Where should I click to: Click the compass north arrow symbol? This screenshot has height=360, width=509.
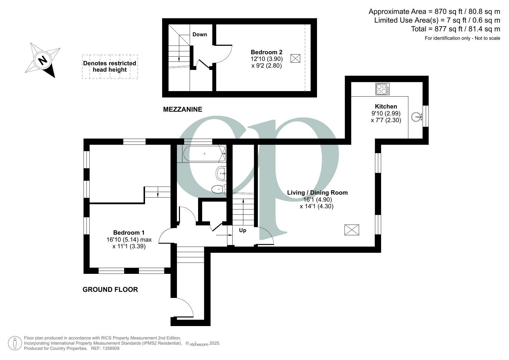coord(43,60)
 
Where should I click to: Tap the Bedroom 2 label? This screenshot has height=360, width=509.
coord(267,52)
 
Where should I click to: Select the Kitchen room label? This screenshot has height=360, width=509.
coord(386,106)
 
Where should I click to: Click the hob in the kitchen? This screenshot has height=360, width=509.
coord(383,89)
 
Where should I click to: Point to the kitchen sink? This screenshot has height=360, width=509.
coord(416,117)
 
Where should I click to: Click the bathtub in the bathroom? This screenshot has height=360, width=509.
coord(204,153)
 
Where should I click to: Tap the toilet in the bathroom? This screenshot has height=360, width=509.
coord(219,189)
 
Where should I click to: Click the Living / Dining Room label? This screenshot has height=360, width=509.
coord(317,192)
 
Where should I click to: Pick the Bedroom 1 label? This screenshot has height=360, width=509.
coord(129,232)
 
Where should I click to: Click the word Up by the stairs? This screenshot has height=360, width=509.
coord(242,230)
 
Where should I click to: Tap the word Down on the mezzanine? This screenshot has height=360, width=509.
coord(200,34)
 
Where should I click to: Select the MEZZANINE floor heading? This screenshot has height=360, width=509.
coord(183,109)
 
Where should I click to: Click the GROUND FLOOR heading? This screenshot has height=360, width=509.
coord(110,290)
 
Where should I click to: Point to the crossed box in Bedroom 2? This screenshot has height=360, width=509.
coord(295,58)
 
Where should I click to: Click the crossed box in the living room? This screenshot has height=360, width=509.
coord(352,230)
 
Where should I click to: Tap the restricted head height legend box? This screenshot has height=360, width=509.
coord(110,67)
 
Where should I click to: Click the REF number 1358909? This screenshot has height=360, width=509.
coord(110,348)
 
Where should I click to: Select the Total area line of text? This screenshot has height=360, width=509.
coord(456,29)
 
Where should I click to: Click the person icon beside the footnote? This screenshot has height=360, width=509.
coord(15,343)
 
